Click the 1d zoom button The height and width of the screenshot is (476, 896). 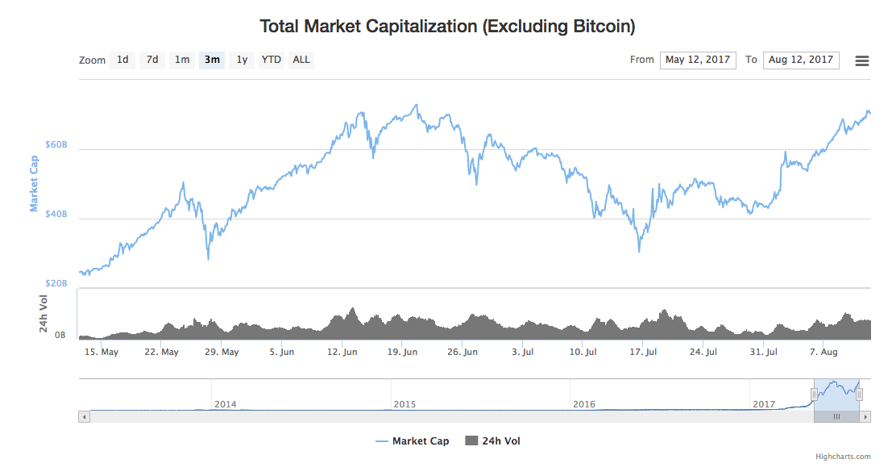pyautogui.click(x=122, y=60)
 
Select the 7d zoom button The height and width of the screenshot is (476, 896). pyautogui.click(x=152, y=60)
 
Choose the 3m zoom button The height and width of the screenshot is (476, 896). pyautogui.click(x=212, y=60)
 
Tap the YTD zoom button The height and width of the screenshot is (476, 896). pyautogui.click(x=272, y=60)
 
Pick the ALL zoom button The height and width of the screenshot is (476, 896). pyautogui.click(x=301, y=60)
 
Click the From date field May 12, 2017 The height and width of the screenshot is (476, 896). pyautogui.click(x=698, y=60)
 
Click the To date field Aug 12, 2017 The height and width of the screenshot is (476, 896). pyautogui.click(x=801, y=60)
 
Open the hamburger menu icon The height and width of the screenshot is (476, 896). pyautogui.click(x=862, y=61)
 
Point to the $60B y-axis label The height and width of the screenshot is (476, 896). pyautogui.click(x=56, y=145)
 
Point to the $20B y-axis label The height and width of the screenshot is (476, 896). pyautogui.click(x=56, y=284)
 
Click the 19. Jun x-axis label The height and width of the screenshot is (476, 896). pyautogui.click(x=403, y=352)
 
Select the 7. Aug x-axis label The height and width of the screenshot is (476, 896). pyautogui.click(x=823, y=352)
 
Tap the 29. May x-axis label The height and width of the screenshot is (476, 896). pyautogui.click(x=222, y=352)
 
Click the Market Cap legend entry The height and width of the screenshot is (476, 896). pyautogui.click(x=413, y=441)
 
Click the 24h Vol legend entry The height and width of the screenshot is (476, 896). pyautogui.click(x=493, y=441)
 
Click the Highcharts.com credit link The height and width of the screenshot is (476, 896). pyautogui.click(x=843, y=457)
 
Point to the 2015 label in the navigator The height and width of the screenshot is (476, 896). pyautogui.click(x=404, y=403)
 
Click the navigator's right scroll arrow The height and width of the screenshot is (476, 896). pyautogui.click(x=866, y=417)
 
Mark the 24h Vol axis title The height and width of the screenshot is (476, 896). pyautogui.click(x=44, y=314)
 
